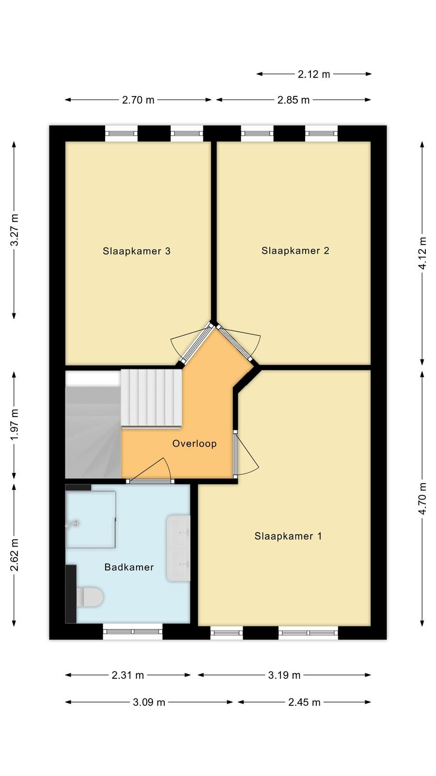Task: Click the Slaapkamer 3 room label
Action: [x=137, y=251]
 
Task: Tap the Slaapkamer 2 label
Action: [x=295, y=251]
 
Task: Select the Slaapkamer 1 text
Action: [x=288, y=536]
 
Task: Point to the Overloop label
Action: [x=194, y=443]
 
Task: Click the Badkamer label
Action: [x=129, y=567]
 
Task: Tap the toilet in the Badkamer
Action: [x=90, y=597]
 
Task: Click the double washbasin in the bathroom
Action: [x=179, y=548]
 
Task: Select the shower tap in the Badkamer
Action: [x=72, y=524]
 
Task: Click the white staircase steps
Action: [x=151, y=398]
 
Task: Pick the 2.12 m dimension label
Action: [x=314, y=74]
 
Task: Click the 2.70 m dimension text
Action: [x=138, y=100]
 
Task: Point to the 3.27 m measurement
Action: [x=15, y=230]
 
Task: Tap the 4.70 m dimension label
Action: [x=422, y=499]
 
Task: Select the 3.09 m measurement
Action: [x=149, y=702]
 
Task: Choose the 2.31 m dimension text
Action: [x=128, y=675]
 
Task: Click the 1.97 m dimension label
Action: [x=15, y=425]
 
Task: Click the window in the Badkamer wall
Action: [x=133, y=631]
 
